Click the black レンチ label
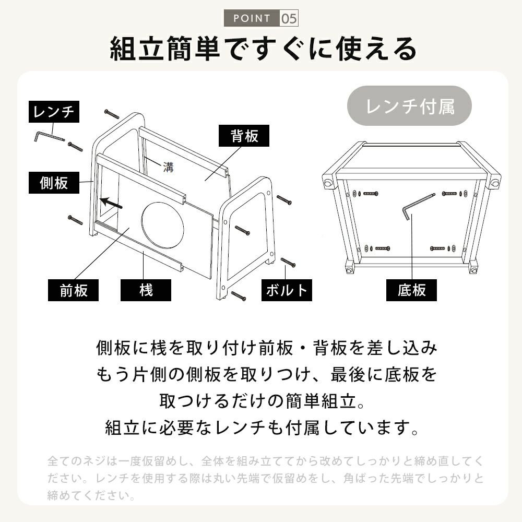click(x=53, y=112)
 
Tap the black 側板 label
click(x=54, y=183)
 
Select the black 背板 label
click(x=244, y=137)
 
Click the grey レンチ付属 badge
click(x=410, y=106)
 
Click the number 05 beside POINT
click(x=289, y=19)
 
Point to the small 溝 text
click(x=168, y=167)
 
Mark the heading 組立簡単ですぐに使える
click(x=263, y=49)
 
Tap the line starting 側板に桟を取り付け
click(x=266, y=348)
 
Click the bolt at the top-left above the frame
click(x=112, y=114)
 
